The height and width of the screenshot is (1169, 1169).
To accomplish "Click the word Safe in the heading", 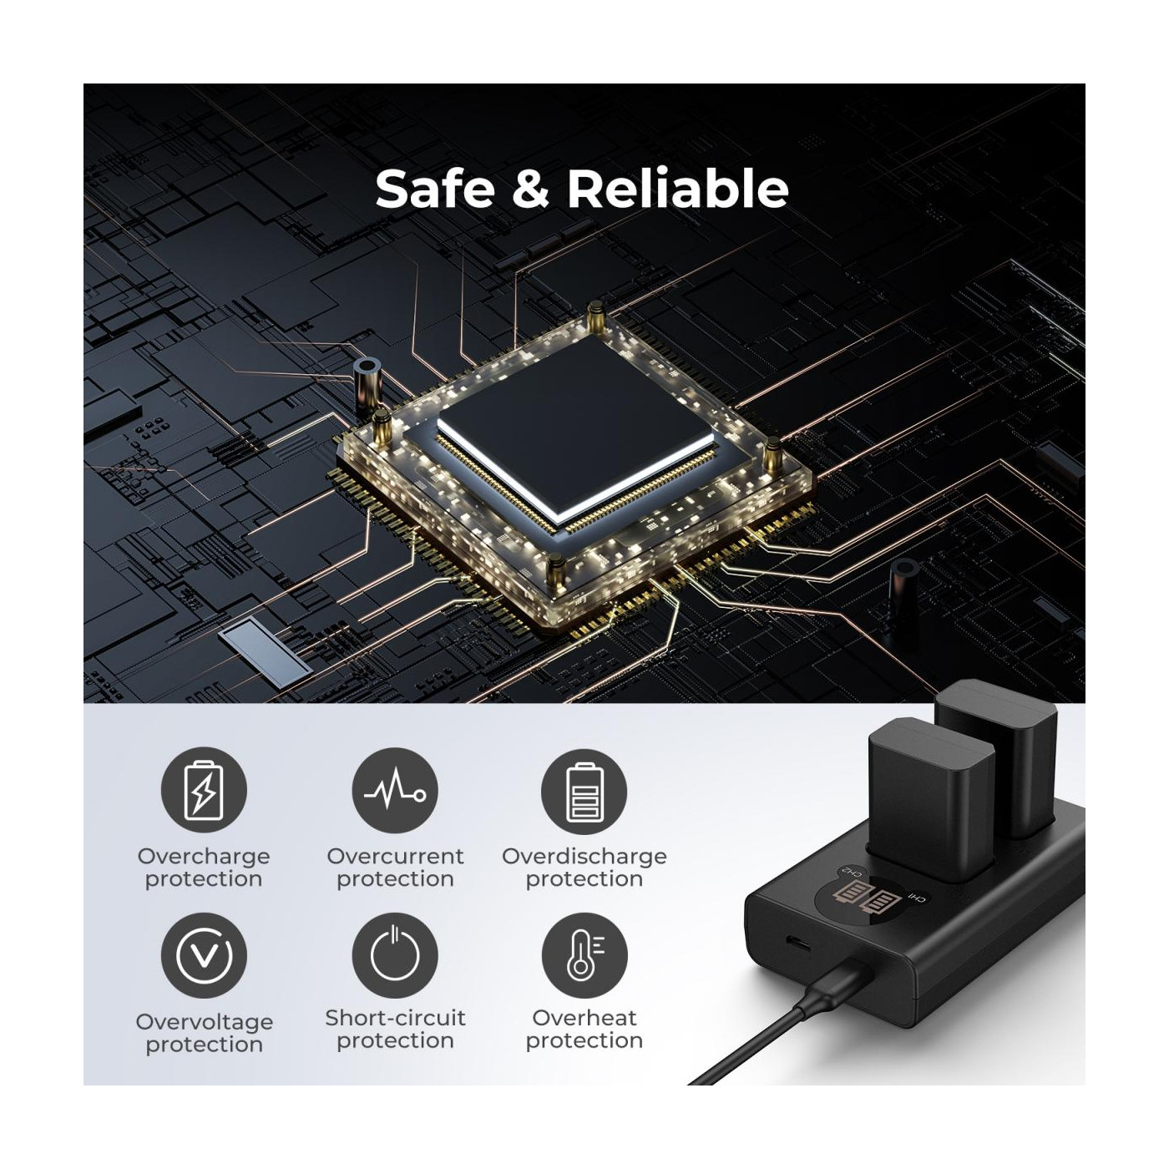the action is tap(434, 188).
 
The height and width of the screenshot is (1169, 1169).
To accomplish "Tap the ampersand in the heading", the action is tap(529, 188).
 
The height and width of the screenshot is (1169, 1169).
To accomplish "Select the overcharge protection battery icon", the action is tap(204, 790).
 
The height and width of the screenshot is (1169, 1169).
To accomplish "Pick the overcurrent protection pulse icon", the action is tap(395, 790).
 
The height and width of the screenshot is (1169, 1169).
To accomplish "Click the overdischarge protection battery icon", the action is tap(584, 790).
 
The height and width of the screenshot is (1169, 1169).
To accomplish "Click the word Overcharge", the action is tap(204, 858).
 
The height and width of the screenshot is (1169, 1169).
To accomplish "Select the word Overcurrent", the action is tap(395, 856).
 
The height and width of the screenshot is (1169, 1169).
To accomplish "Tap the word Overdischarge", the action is tap(584, 858).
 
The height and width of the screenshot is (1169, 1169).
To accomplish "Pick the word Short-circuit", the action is tap(395, 1018).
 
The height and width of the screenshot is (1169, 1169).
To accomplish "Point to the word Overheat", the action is tap(584, 1018).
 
